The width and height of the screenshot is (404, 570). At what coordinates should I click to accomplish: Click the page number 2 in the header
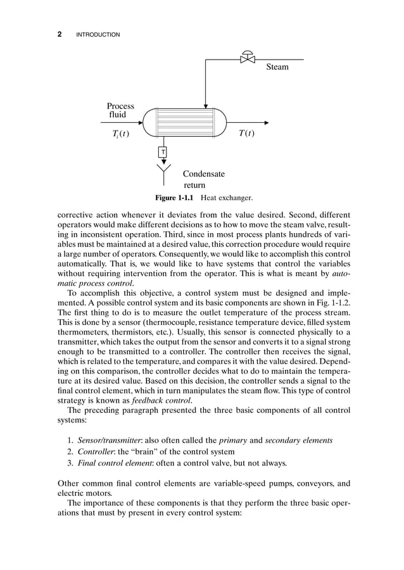pyautogui.click(x=60, y=34)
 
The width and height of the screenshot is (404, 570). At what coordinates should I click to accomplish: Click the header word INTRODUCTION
pyautogui.click(x=98, y=34)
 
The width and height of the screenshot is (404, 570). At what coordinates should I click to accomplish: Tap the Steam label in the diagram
pyautogui.click(x=277, y=67)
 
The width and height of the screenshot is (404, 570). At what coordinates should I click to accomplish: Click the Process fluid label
pyautogui.click(x=120, y=110)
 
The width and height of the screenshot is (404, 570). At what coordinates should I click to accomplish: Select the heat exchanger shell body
pyautogui.click(x=184, y=122)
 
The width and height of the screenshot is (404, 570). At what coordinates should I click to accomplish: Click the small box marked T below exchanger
pyautogui.click(x=163, y=152)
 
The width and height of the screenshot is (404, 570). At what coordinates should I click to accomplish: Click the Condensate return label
pyautogui.click(x=203, y=179)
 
